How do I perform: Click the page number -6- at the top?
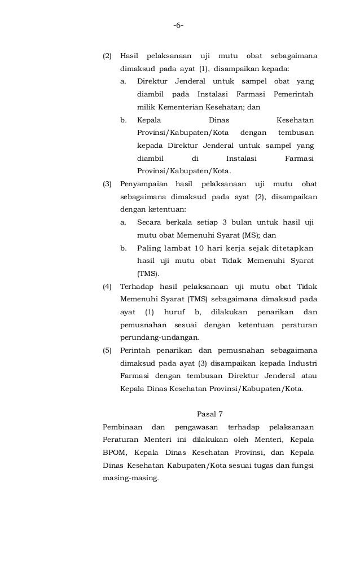point(179,25)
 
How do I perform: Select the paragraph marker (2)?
point(107,56)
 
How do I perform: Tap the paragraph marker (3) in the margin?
point(107,184)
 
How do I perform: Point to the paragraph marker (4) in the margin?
point(107,287)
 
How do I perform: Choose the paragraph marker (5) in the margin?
point(107,350)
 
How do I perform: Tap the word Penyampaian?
point(144,184)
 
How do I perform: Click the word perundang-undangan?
point(160,337)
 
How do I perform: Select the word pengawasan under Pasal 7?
point(194,426)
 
